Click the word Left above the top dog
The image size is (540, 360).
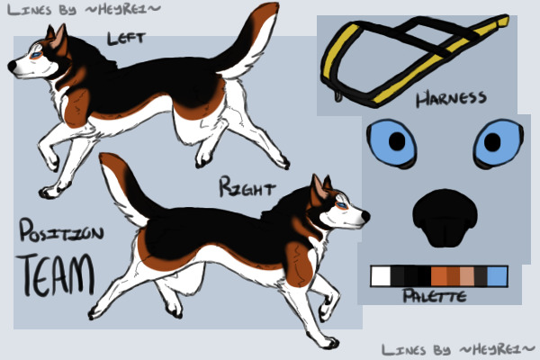pos(126,38)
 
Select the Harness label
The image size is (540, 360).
pos(451,98)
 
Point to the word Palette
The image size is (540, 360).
pos(435,295)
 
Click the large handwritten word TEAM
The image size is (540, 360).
pos(55,274)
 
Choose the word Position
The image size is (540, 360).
pos(61,230)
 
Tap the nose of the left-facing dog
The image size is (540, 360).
pos(12,66)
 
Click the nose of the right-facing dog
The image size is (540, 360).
pos(365,216)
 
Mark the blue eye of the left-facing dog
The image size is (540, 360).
pos(36,54)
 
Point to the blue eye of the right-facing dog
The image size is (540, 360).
pos(342,206)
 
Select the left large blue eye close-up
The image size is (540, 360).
pos(391,142)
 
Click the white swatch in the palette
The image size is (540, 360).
pos(381,276)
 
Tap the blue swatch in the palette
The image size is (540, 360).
pos(498,276)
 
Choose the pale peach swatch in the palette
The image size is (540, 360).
pos(466,276)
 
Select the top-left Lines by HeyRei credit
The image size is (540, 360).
pos(84,9)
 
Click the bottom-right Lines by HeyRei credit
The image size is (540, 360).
pos(458,350)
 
